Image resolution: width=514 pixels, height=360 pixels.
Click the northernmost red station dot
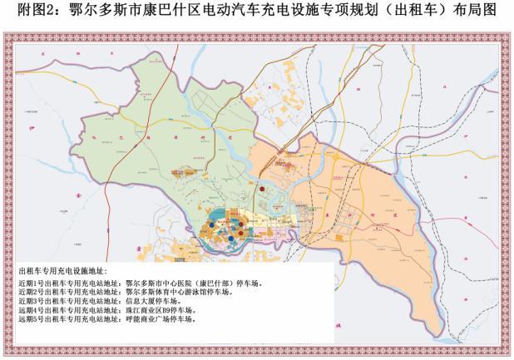(x=261, y=189)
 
